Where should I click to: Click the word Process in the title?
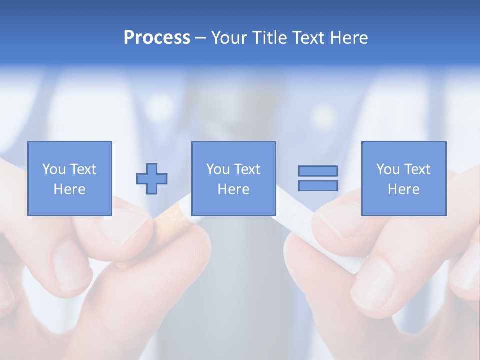pos(157,38)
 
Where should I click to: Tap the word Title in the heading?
pos(268,38)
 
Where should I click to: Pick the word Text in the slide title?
pos(307,38)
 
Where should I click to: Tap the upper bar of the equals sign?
pos(318,171)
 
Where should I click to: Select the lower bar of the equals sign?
pos(318,185)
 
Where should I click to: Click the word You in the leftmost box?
pos(53,169)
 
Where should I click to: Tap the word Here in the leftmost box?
pos(69,189)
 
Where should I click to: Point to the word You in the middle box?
pos(217,169)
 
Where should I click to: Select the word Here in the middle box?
pos(233,189)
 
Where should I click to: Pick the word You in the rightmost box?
pos(387,169)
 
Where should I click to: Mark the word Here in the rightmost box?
pos(403,189)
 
